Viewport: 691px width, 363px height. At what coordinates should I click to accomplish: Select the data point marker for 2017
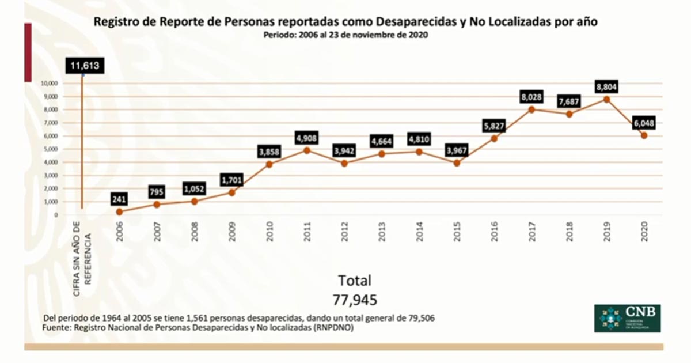click(531, 109)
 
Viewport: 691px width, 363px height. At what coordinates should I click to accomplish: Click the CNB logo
click(627, 318)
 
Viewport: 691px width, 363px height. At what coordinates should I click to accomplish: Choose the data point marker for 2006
click(119, 211)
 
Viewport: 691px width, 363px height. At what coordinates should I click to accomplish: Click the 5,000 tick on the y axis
click(50, 149)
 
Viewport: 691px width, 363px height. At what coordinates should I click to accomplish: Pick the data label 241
click(120, 199)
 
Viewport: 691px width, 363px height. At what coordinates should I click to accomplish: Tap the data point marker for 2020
click(644, 135)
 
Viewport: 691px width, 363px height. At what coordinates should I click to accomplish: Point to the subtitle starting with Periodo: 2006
click(345, 35)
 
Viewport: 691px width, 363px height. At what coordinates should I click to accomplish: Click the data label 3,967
click(457, 151)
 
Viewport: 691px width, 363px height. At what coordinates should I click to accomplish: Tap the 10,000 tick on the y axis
click(50, 83)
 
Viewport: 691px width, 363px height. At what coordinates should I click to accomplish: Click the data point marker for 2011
click(307, 150)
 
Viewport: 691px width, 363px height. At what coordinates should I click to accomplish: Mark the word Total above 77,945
click(355, 281)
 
